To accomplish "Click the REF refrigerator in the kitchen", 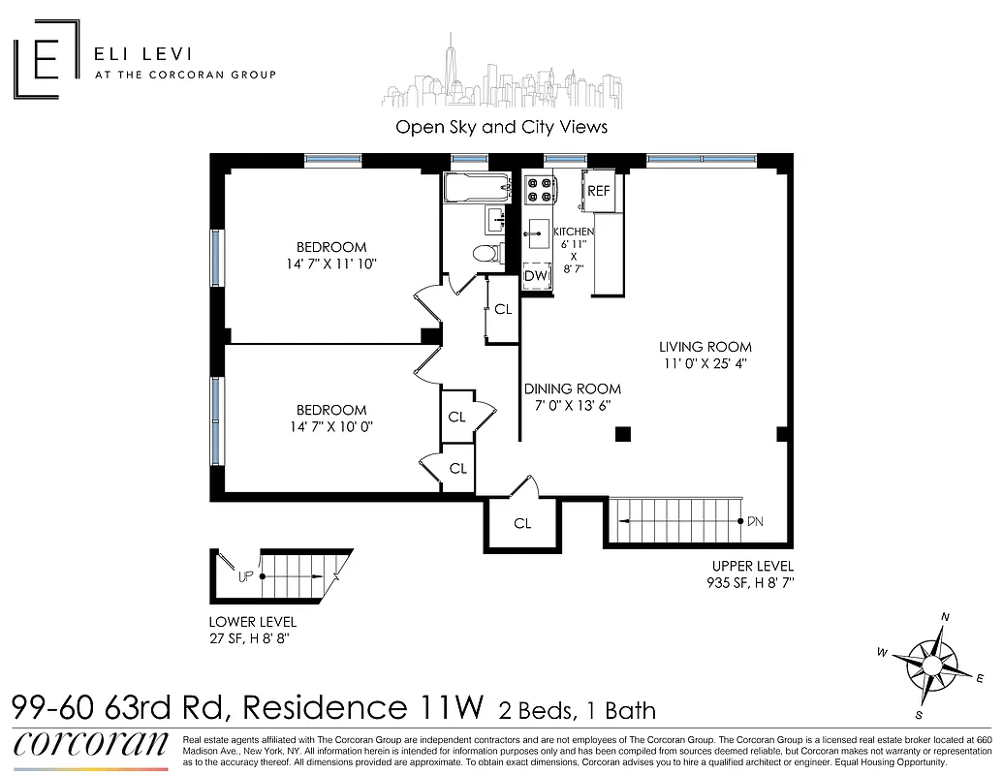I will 598,191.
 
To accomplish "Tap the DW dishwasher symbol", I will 536,275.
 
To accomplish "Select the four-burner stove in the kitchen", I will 539,189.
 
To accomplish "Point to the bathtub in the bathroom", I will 476,188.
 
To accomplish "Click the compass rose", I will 931,666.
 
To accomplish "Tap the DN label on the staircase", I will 755,521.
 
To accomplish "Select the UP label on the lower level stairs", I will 246,576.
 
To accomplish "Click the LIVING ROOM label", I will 705,347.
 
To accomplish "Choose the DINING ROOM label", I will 572,388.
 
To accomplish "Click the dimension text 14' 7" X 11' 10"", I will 331,263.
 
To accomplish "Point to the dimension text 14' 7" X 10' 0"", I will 331,426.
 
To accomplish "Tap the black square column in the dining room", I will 622,434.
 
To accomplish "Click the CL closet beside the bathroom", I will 502,310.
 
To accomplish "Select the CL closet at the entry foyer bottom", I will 522,523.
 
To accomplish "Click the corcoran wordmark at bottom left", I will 92,743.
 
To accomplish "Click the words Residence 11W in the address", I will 362,707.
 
